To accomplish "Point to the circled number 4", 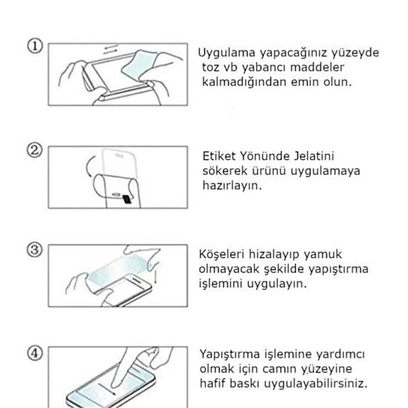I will click(x=36, y=353).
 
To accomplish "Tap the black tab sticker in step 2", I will click(x=126, y=199).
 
